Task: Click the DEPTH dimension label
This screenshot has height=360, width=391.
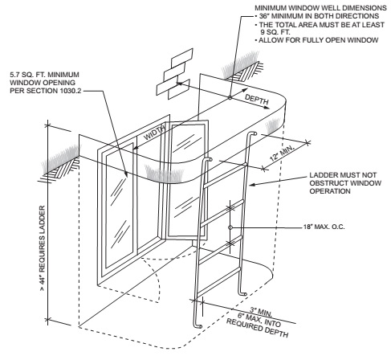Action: pos(257,100)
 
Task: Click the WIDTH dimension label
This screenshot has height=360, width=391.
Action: pos(155,133)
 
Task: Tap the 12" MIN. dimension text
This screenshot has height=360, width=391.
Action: pos(282,153)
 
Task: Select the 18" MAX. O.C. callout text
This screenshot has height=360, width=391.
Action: pos(324,227)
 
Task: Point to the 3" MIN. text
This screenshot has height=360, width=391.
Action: pos(261,312)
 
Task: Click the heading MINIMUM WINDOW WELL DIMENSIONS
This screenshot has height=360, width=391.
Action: pos(320,8)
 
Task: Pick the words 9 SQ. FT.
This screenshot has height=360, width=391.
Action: pos(275,32)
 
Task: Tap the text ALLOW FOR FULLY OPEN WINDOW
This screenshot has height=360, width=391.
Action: pos(319,40)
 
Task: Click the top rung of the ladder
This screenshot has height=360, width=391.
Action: pos(225,175)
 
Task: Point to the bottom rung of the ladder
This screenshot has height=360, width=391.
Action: pos(218,283)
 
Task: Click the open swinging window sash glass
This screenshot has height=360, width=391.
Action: pos(186,179)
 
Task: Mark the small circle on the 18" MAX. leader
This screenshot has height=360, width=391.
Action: pos(230,227)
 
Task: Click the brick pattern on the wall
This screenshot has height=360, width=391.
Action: pos(174,74)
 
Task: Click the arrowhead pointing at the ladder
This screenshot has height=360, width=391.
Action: pos(252,185)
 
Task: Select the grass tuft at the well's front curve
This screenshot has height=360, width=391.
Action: pos(164,174)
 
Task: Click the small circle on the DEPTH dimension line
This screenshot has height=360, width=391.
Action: pos(230,97)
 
